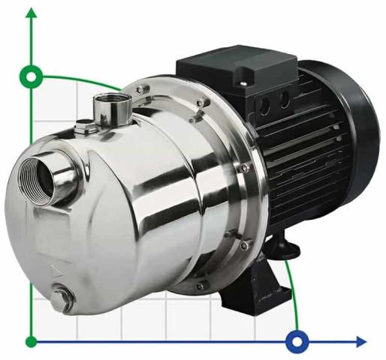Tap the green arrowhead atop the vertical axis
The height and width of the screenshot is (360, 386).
pyautogui.click(x=32, y=14)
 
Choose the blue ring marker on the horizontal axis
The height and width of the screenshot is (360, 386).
pyautogui.click(x=297, y=342)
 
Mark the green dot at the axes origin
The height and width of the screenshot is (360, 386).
pyautogui.click(x=32, y=342)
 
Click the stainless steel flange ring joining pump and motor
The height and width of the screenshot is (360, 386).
pyautogui.click(x=225, y=187)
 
